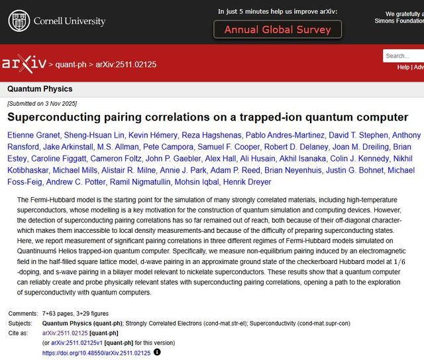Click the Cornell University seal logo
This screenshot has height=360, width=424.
pos(19,21)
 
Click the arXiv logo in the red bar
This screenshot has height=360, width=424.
pos(24,64)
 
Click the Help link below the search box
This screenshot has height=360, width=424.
pos(403,67)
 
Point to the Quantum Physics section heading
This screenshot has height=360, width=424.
pos(40,89)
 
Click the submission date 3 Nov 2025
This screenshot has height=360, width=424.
pos(58,104)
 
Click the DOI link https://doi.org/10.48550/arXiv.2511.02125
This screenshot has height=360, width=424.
pos(96,353)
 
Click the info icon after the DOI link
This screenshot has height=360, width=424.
pos(157,353)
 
